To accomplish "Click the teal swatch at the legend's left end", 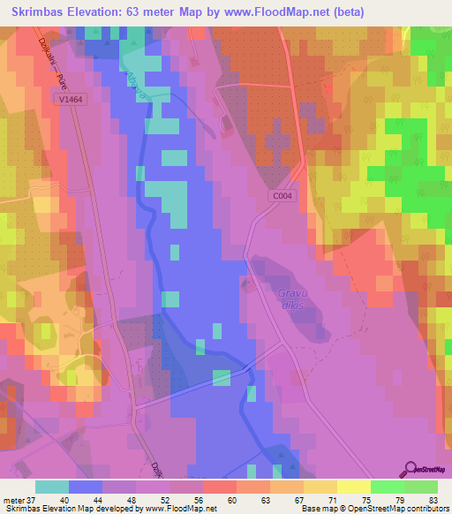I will tap(52, 487).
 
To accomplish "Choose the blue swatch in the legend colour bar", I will tap(86, 487).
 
